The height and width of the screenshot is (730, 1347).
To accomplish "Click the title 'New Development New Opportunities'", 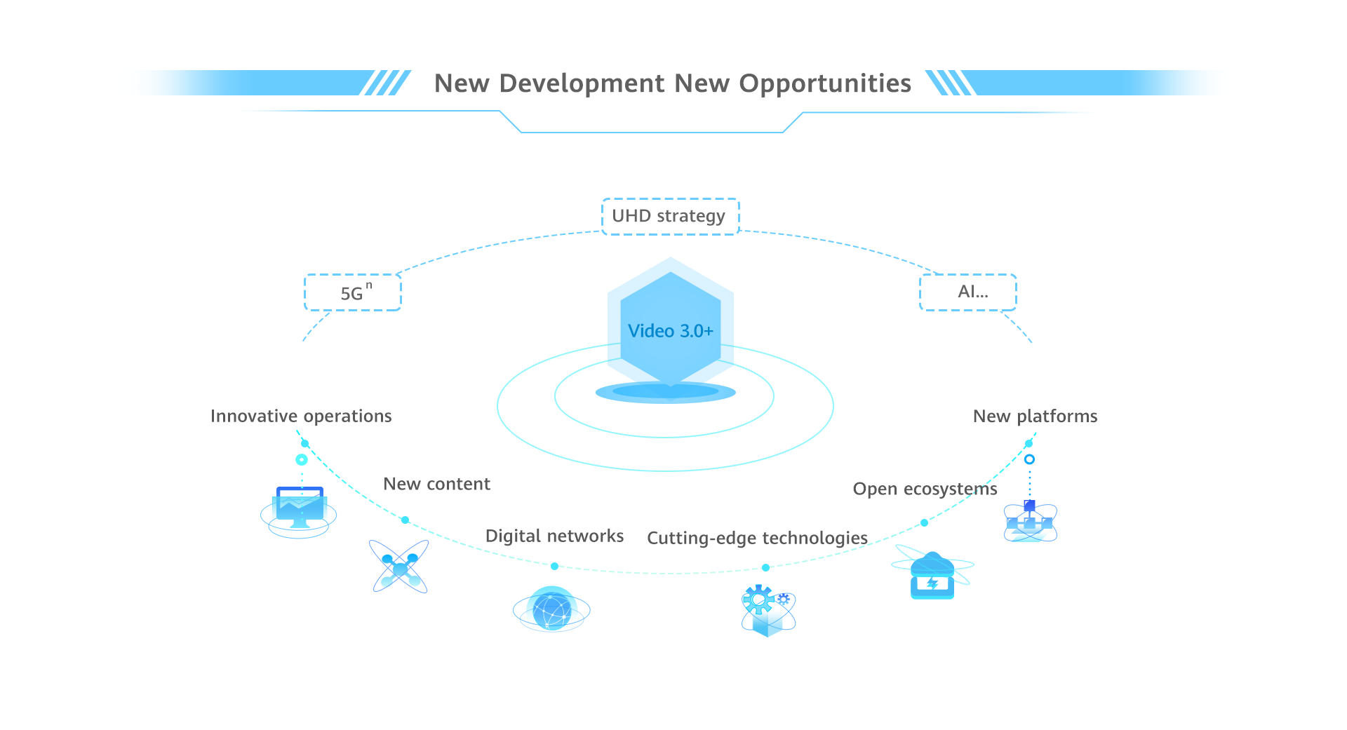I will pyautogui.click(x=672, y=83).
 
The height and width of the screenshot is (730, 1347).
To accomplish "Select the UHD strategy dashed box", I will pyautogui.click(x=670, y=216).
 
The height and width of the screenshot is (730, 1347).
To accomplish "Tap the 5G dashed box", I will pyautogui.click(x=353, y=292).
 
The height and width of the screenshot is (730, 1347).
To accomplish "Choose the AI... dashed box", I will pyautogui.click(x=967, y=292).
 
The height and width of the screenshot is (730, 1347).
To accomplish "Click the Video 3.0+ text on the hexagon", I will pyautogui.click(x=670, y=331).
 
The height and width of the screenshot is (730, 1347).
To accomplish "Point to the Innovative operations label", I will pyautogui.click(x=301, y=417).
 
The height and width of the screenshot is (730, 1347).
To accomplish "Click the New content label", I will pyautogui.click(x=436, y=484).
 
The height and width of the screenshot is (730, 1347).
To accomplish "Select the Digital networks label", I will pyautogui.click(x=554, y=536).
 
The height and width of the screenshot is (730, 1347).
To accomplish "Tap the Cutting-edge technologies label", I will pyautogui.click(x=757, y=538).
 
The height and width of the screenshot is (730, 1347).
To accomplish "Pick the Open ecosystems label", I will pyautogui.click(x=925, y=489).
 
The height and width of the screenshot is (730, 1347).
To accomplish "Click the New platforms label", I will pyautogui.click(x=1035, y=417).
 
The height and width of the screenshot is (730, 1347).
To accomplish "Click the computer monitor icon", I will pyautogui.click(x=300, y=508).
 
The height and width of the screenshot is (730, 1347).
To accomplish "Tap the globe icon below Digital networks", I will pyautogui.click(x=551, y=609).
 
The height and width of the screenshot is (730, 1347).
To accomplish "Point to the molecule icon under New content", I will pyautogui.click(x=399, y=567).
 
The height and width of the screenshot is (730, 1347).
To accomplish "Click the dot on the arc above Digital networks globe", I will pyautogui.click(x=554, y=566).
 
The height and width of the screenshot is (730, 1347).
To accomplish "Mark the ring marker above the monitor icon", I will pyautogui.click(x=302, y=460).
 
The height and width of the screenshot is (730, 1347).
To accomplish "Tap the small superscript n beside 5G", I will pyautogui.click(x=369, y=285).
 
